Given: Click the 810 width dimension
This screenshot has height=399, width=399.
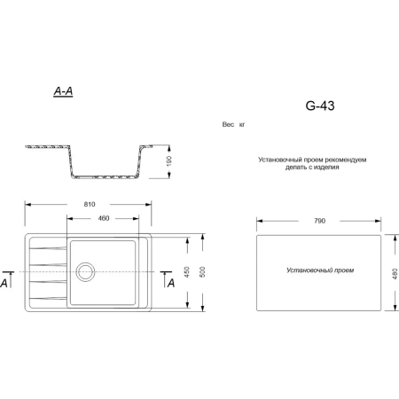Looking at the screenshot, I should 90,204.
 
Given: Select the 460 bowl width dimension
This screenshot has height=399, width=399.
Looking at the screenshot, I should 103,218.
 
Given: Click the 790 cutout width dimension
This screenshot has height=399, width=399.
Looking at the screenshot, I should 319,219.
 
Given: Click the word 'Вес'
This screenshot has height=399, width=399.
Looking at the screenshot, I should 228,126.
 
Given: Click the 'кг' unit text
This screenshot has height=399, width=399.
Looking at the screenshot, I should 242,126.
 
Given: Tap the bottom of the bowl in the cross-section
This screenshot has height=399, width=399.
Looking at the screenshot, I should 104,176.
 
